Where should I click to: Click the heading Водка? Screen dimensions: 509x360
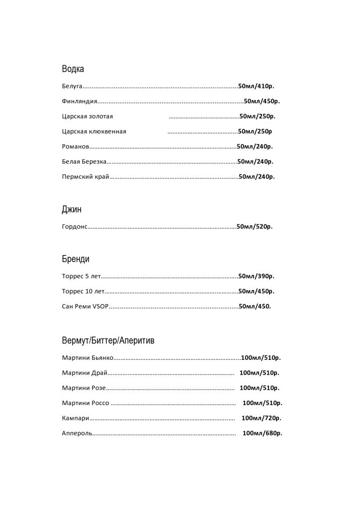click(x=73, y=69)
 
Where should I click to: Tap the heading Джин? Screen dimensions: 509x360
click(x=72, y=209)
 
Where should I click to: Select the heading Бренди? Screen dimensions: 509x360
click(x=76, y=259)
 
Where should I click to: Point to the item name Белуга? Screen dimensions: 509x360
click(x=72, y=86)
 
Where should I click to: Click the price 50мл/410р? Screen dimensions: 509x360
click(x=257, y=86)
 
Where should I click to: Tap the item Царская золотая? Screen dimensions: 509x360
click(x=88, y=117)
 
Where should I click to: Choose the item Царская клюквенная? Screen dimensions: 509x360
click(x=94, y=132)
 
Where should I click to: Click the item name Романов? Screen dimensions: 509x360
click(x=76, y=147)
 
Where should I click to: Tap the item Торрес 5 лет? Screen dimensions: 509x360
click(x=82, y=276)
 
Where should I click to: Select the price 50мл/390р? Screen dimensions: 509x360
click(x=257, y=276)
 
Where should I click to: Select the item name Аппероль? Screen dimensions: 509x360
click(x=77, y=433)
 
